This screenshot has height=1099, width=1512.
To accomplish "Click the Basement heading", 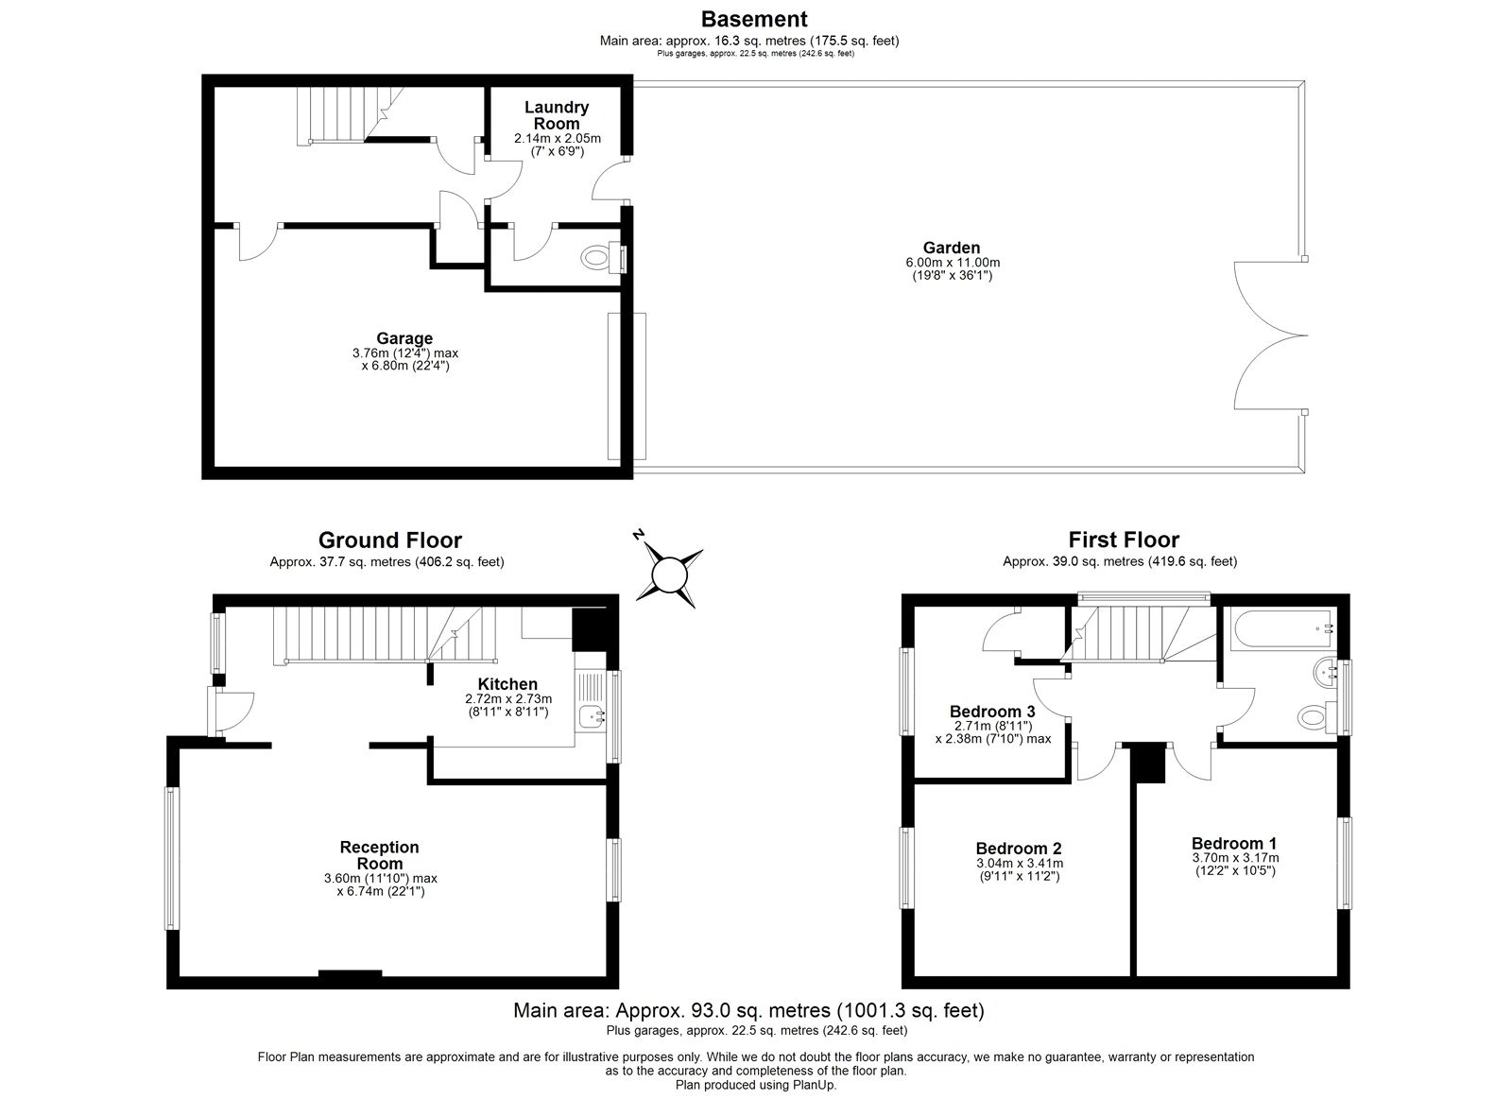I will tap(753, 18).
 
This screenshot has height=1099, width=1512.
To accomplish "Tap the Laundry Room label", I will tap(557, 115).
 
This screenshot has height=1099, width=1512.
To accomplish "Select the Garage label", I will tap(404, 338).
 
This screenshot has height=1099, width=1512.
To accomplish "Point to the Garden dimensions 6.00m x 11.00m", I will tap(952, 263).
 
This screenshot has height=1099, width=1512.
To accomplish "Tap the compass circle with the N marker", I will tap(669, 575).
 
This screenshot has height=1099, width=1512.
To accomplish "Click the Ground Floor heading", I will tap(389, 541).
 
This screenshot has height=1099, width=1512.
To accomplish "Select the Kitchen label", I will tap(507, 684).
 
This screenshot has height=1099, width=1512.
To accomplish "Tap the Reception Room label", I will tap(380, 855).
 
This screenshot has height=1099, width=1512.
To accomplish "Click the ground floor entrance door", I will tap(232, 710).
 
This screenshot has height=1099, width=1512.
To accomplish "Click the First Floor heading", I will tap(1124, 541).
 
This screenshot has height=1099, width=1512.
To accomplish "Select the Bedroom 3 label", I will tap(992, 712).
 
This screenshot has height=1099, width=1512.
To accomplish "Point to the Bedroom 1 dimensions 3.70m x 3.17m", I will tap(1234, 858).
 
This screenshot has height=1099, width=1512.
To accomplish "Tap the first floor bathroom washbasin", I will tap(1324, 673).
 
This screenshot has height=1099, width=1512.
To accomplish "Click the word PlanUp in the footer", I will tap(815, 1086).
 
